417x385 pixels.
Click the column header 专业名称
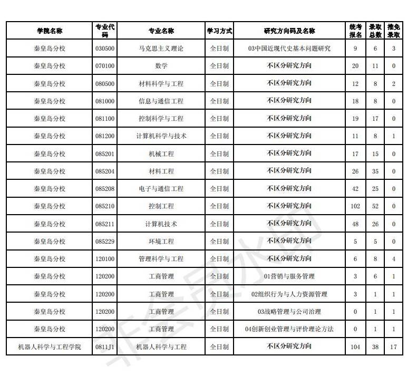coord(161,31)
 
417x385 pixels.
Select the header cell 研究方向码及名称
coord(289,31)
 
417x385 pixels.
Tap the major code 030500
coord(105,49)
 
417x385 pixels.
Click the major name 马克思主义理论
coord(161,49)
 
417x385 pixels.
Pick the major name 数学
coord(161,66)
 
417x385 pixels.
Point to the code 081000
coord(105,101)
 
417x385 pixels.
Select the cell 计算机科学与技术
coord(161,136)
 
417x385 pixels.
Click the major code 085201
coord(105,154)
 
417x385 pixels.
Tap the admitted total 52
coord(375,206)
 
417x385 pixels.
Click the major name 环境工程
coord(161,242)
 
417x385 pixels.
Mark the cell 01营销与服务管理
coord(289,276)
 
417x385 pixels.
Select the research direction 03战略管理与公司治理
coord(289,312)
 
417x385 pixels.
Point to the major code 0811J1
coord(105,347)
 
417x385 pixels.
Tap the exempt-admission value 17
coord(393,347)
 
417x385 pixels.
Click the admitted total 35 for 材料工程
coord(375,171)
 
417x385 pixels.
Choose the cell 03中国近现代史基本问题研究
coord(289,49)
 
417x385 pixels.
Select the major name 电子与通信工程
coord(161,189)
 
